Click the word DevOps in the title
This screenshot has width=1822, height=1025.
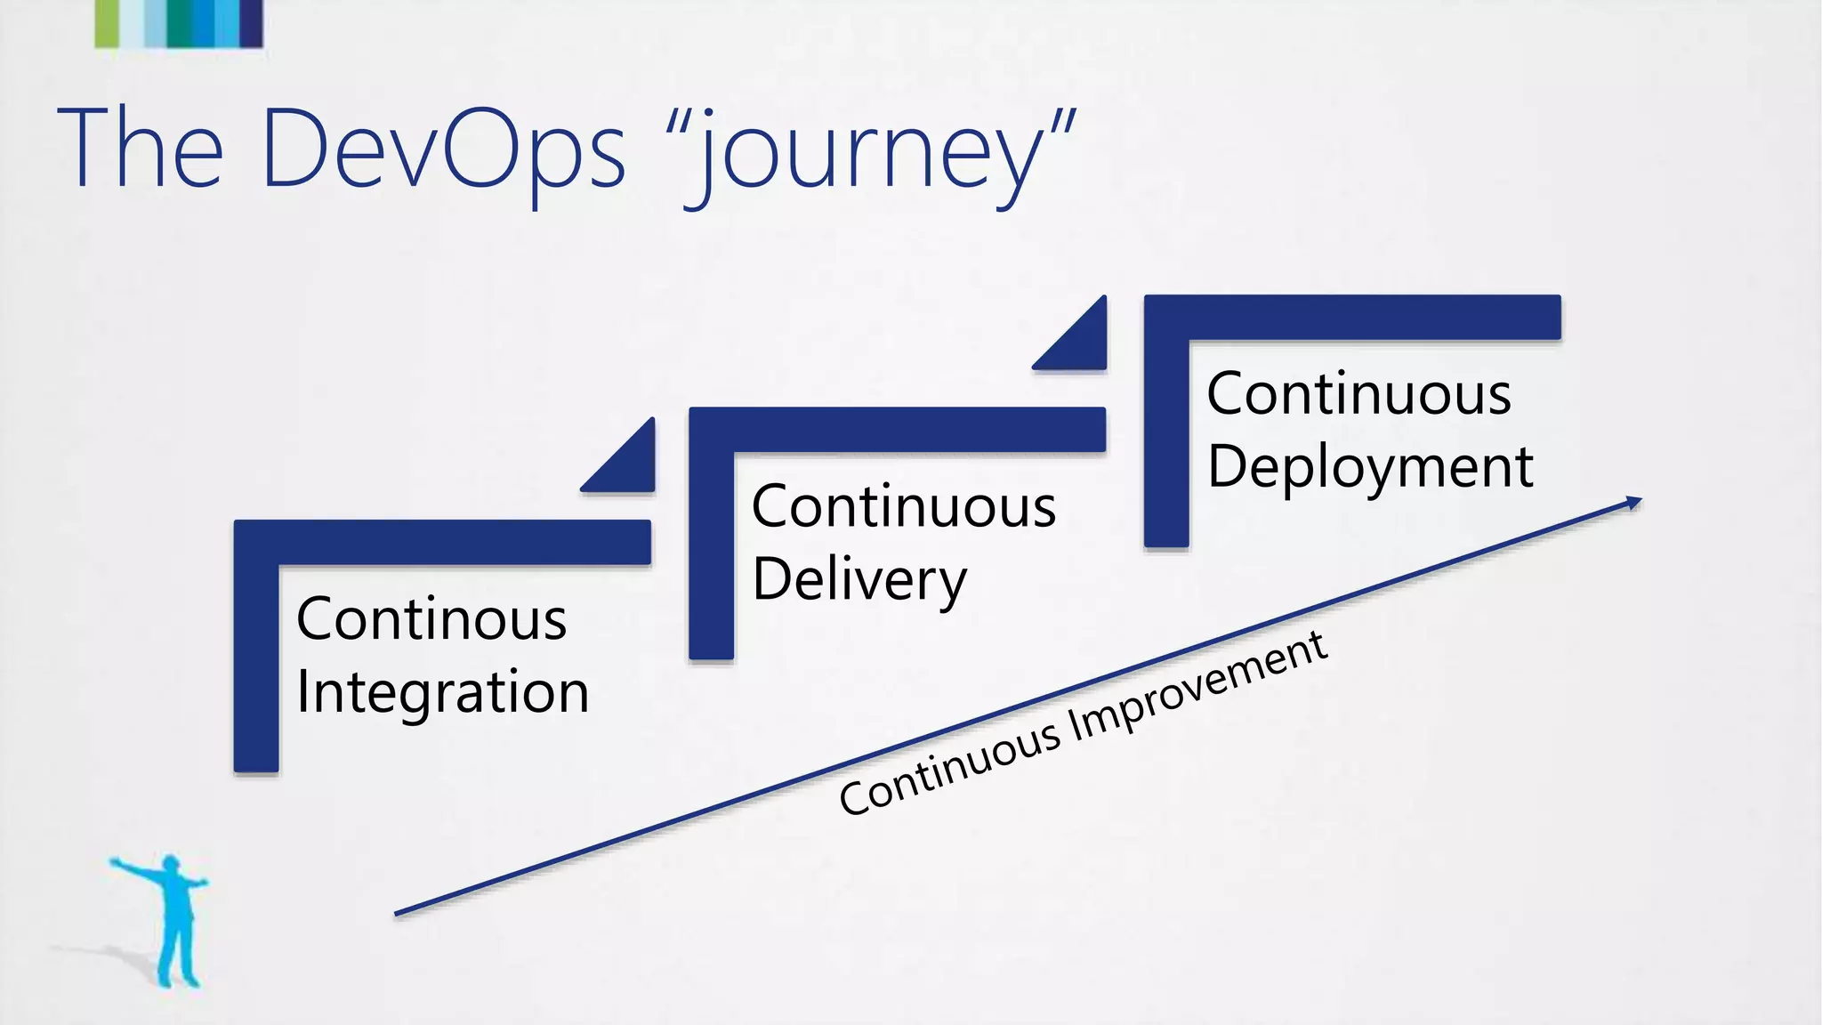click(x=443, y=149)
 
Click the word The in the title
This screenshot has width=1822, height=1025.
click(x=140, y=149)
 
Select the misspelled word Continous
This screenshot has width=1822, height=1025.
click(x=431, y=619)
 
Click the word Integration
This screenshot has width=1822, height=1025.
click(x=442, y=692)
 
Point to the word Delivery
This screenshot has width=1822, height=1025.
click(x=859, y=580)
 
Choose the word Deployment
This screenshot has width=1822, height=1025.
click(x=1370, y=467)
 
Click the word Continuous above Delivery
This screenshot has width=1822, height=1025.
click(x=903, y=507)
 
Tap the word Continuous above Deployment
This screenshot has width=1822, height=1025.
click(x=1358, y=394)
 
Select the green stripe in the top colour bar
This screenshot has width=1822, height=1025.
click(x=106, y=22)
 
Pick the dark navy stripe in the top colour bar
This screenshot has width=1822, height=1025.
click(x=252, y=22)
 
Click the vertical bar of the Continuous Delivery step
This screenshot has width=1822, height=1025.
click(x=711, y=552)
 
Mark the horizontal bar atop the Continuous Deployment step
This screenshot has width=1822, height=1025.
click(x=1352, y=317)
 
